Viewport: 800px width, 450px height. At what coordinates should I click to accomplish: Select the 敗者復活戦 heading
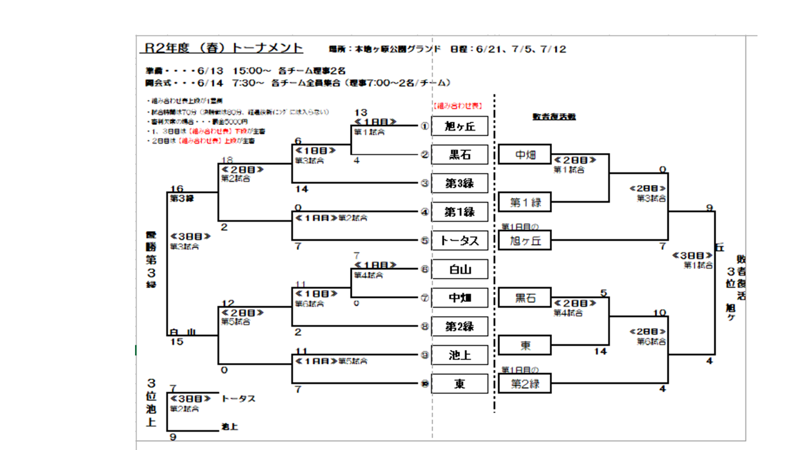[x=554, y=116]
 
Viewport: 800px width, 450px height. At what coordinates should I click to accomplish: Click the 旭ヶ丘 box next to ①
[x=460, y=126]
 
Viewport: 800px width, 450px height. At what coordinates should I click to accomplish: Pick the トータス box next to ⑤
[x=460, y=240]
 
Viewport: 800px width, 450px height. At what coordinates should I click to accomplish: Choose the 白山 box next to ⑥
[x=460, y=269]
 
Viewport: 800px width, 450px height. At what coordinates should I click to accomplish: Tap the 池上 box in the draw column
[x=460, y=355]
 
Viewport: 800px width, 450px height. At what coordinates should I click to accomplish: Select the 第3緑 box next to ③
[x=460, y=183]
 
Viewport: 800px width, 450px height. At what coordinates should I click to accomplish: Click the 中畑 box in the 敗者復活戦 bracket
[x=525, y=154]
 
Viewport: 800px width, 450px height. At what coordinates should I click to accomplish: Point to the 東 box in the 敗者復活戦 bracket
[x=525, y=345]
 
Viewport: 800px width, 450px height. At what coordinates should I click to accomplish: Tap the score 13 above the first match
[x=360, y=113]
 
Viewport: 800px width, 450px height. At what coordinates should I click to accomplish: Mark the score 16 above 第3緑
[x=176, y=189]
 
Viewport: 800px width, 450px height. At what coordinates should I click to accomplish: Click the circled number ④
[x=424, y=212]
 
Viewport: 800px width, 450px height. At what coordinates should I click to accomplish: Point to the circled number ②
[x=424, y=154]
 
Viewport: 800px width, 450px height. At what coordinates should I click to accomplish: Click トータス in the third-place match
[x=238, y=399]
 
